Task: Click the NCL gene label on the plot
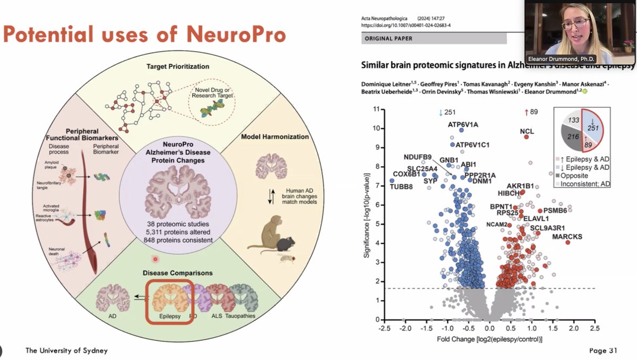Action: coord(527,131)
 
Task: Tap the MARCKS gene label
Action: coord(567,236)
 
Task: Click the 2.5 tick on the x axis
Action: coord(594,328)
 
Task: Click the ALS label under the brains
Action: coord(216,315)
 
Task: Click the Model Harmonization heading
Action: coord(274,136)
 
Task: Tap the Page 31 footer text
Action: coord(604,350)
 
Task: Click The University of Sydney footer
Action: coord(67,350)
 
